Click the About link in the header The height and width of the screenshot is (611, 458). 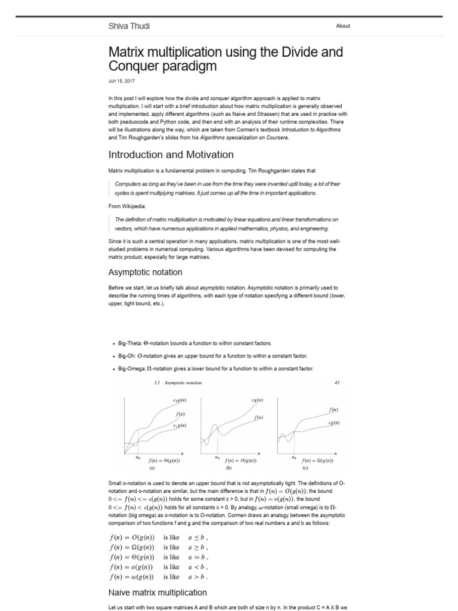(343, 26)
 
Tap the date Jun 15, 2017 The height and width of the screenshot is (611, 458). (122, 81)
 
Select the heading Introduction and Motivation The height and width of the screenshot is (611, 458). (171, 155)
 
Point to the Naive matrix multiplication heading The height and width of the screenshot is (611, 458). (157, 593)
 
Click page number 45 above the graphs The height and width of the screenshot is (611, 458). (336, 382)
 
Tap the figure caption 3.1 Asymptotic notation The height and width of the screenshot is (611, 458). (178, 382)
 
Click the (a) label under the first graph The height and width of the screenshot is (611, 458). (151, 469)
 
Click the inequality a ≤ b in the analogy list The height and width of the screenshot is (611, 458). (197, 537)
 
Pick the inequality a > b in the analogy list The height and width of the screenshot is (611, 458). (197, 577)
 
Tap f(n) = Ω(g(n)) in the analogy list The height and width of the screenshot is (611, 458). (132, 547)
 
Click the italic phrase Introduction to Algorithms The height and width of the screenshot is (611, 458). (311, 129)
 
